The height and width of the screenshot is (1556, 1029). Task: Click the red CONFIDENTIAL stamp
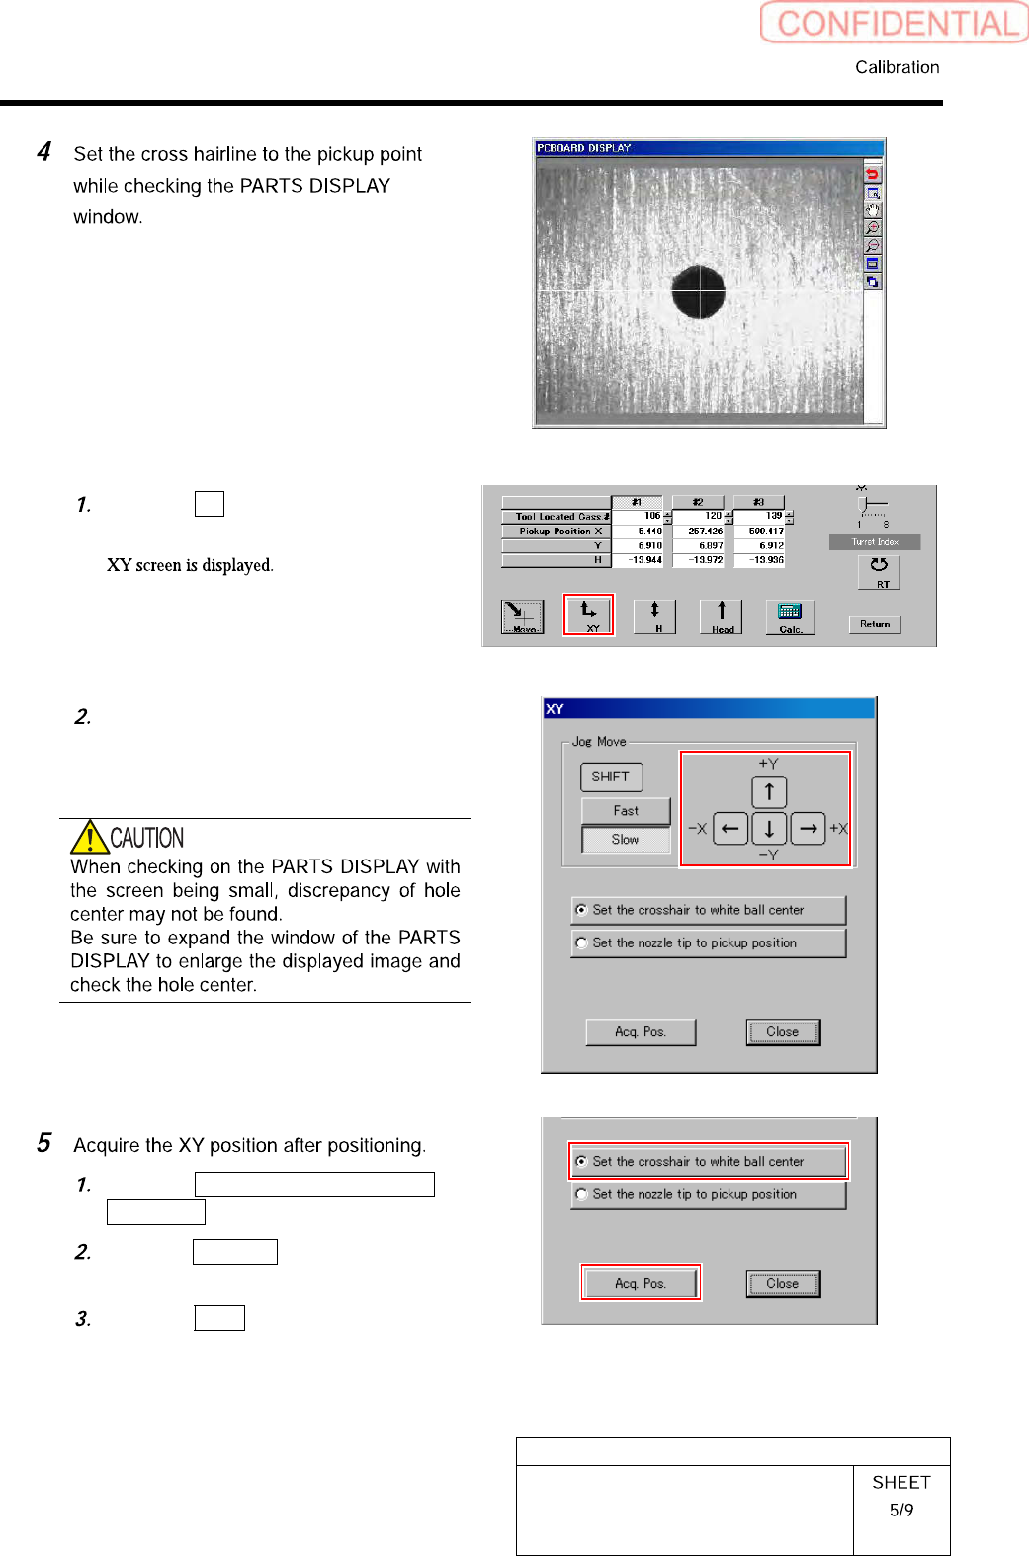tap(895, 23)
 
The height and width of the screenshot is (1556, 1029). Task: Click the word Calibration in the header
tap(897, 67)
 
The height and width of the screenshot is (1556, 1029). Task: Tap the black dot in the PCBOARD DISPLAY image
tap(698, 292)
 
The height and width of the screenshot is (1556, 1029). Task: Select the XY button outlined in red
tap(589, 614)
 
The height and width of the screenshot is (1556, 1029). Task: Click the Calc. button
tap(790, 616)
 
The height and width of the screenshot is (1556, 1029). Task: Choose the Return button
tap(875, 624)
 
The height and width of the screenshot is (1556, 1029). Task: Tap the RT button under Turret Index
tap(879, 572)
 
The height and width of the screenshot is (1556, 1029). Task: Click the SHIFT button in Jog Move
tap(611, 777)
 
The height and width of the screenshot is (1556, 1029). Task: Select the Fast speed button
tap(626, 811)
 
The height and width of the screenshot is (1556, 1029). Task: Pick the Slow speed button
tap(626, 840)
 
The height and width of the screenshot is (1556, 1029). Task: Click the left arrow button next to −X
tap(729, 828)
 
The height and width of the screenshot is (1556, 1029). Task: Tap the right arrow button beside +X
tap(808, 828)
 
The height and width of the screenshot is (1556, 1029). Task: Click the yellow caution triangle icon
tap(89, 837)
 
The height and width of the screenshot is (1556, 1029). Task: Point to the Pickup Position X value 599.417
tap(765, 532)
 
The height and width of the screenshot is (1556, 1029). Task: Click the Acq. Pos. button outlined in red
tap(641, 1283)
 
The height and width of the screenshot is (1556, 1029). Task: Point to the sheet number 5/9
tap(900, 1510)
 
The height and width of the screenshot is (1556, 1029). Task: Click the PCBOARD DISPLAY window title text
tap(583, 148)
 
